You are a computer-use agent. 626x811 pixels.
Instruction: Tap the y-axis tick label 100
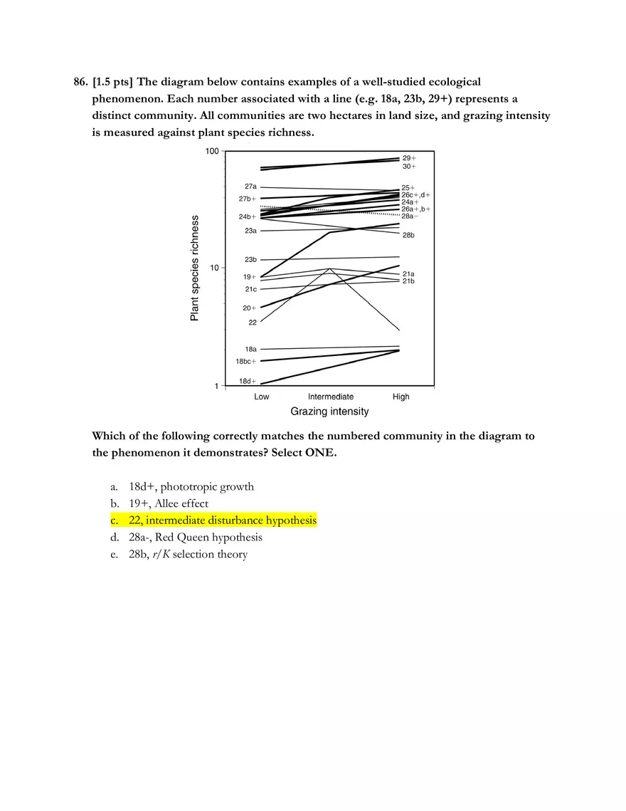(211, 152)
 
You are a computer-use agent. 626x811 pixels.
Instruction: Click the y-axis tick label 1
(216, 386)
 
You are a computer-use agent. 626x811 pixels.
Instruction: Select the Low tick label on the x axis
(262, 397)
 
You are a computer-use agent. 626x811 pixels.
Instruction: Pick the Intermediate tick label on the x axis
(330, 397)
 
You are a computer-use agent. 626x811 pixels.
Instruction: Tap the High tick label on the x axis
(401, 397)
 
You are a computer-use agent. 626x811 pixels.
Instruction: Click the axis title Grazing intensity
(329, 412)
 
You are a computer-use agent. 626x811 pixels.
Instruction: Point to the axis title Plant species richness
(194, 268)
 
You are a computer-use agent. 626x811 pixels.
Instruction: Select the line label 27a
(250, 187)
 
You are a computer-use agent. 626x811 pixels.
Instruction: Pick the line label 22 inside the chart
(253, 323)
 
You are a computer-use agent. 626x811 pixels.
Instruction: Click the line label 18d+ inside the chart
(248, 381)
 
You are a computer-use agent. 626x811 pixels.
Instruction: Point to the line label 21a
(408, 273)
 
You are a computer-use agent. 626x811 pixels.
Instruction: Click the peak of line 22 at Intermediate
(329, 268)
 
